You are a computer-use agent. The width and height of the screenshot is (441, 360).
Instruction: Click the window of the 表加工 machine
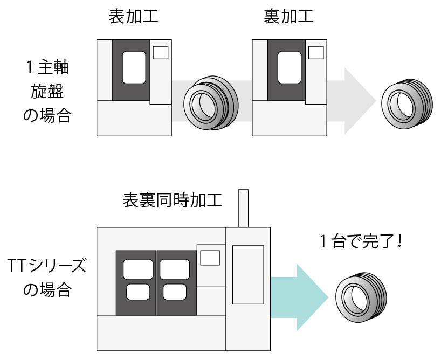tap(134, 67)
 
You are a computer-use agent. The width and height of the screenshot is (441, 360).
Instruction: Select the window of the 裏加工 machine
tap(289, 67)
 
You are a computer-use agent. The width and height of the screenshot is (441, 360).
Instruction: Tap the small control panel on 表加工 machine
tap(161, 52)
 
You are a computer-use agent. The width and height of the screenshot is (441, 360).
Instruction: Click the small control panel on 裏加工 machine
tap(316, 52)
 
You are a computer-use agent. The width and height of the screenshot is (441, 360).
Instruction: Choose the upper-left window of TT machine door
tap(137, 269)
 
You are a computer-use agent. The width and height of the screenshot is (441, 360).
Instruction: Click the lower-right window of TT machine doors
tap(174, 292)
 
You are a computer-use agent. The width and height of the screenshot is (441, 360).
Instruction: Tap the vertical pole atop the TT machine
tap(243, 208)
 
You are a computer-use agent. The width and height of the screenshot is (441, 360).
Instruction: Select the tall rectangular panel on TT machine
tap(247, 274)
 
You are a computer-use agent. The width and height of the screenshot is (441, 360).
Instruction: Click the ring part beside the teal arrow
tap(360, 297)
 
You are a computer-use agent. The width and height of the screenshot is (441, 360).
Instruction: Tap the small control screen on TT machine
tap(210, 258)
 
